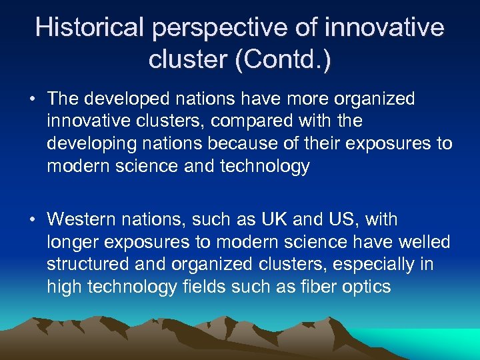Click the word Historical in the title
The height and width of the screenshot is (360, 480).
[x=89, y=28]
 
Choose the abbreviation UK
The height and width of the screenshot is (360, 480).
[x=275, y=219]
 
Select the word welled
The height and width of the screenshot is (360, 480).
[x=424, y=242]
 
